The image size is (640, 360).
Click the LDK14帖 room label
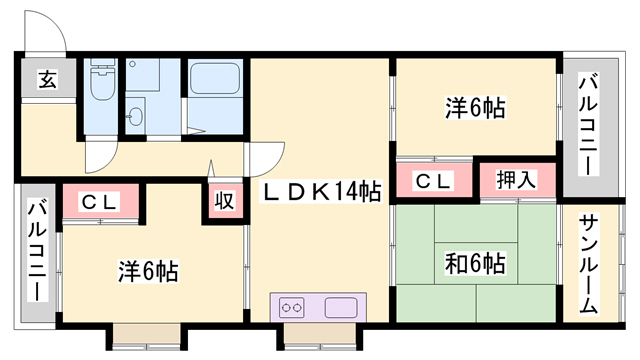(322, 191)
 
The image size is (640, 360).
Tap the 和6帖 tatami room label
(475, 263)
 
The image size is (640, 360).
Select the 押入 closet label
(516, 180)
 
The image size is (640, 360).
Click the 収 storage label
(224, 200)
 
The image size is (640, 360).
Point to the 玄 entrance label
(48, 79)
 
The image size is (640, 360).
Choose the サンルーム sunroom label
(588, 264)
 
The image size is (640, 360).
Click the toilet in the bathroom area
(102, 80)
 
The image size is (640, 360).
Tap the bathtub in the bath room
(214, 78)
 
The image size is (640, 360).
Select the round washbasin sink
(135, 116)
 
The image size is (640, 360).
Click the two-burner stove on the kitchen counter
(291, 307)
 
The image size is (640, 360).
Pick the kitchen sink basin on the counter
(341, 307)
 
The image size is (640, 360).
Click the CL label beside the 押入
(433, 181)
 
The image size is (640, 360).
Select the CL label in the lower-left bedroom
(100, 202)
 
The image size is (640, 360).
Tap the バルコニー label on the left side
(38, 250)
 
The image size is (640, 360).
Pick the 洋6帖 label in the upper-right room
(475, 108)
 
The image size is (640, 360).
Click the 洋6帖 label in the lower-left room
(149, 271)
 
